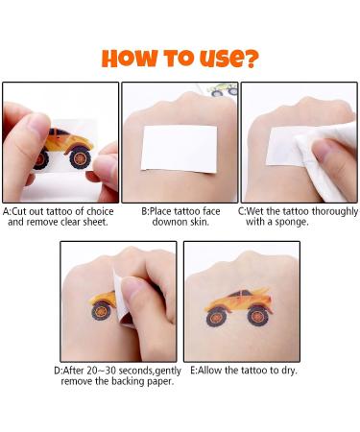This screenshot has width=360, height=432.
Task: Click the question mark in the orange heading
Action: click(249, 59)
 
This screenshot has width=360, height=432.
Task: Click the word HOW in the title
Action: click(130, 59)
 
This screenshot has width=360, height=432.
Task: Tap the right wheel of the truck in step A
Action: click(80, 158)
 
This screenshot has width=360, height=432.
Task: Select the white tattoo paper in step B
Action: click(180, 149)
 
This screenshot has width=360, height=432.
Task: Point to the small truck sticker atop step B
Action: click(223, 89)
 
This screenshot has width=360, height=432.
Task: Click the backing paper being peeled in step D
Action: click(122, 300)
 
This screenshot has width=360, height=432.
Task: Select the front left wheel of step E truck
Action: click(217, 316)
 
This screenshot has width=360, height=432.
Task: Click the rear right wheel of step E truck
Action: click(258, 316)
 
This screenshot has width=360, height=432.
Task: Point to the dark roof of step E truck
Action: click(241, 293)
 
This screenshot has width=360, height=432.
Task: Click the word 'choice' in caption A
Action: click(100, 211)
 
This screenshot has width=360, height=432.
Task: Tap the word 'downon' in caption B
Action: click(167, 222)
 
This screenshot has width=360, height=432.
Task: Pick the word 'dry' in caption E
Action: click(289, 371)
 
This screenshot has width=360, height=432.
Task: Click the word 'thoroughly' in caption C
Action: click(334, 212)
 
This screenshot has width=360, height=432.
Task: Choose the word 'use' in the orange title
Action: click(219, 59)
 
